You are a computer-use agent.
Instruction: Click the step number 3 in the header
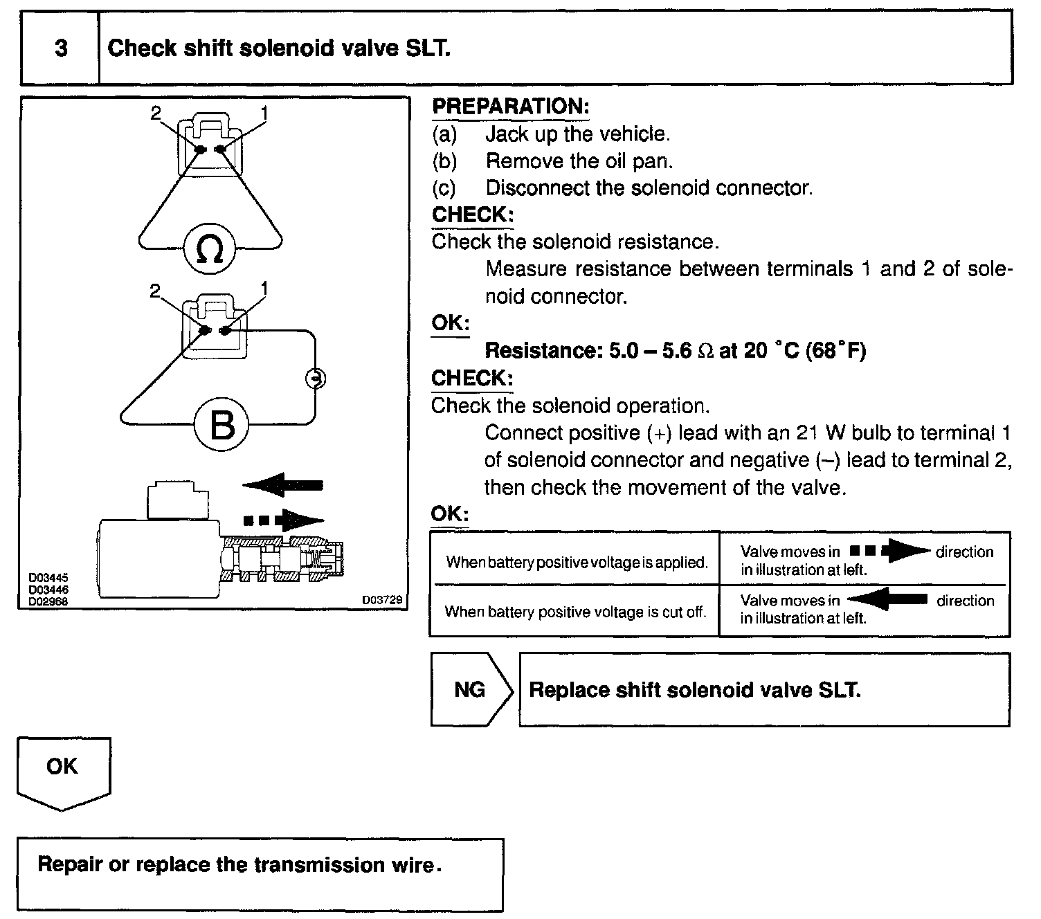(61, 48)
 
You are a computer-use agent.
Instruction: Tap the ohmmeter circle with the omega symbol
(210, 250)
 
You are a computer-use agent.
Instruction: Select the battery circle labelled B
(221, 425)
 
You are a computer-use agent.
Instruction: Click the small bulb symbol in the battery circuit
(315, 379)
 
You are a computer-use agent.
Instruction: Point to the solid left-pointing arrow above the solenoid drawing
(284, 485)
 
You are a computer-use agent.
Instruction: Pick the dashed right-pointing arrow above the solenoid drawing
(284, 520)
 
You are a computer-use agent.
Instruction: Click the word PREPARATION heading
(510, 107)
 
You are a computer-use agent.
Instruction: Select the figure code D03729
(381, 600)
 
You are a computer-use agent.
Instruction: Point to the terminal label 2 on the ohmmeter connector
(155, 112)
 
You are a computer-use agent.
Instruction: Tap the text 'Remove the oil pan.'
(579, 161)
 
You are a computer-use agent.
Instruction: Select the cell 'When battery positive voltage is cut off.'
(575, 612)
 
